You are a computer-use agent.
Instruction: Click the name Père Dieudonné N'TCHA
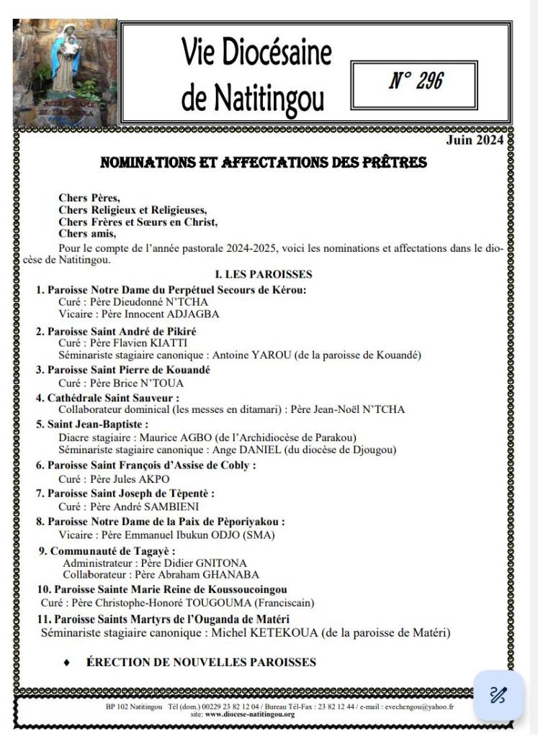point(141,301)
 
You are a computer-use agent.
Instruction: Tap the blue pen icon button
point(498,693)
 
